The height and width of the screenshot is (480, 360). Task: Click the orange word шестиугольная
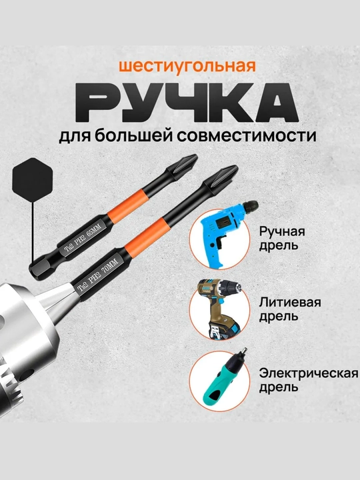(187, 66)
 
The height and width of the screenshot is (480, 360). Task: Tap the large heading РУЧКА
(187, 103)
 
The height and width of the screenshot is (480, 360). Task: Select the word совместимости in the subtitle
(247, 135)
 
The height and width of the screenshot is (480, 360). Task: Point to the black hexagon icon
(32, 180)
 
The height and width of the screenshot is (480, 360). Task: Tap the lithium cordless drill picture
(220, 309)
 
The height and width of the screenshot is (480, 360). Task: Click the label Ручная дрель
(281, 238)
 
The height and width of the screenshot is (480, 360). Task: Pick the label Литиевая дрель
(290, 309)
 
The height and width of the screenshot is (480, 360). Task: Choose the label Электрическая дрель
(309, 380)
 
